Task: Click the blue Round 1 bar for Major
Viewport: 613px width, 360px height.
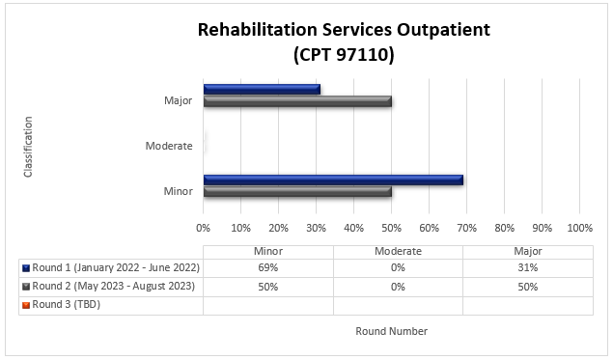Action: coord(262,90)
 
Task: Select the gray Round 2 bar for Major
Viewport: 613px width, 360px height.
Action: coord(297,100)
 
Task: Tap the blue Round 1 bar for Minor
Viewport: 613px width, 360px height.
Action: coord(333,180)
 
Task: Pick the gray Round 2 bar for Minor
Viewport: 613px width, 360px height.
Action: coord(297,191)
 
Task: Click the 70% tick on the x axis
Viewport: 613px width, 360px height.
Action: coord(466,229)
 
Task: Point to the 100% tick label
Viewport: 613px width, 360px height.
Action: coord(579,229)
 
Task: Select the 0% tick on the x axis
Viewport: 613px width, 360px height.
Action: coord(204,229)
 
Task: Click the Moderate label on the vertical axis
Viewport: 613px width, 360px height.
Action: coord(169,146)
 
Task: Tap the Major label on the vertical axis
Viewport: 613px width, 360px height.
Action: coord(178,100)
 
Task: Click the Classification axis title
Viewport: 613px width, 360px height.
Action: coord(28,147)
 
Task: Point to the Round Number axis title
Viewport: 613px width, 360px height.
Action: coord(391,331)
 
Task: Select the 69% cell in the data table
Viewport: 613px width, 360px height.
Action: coord(268,267)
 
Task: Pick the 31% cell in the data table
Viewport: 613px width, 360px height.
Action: coord(527,267)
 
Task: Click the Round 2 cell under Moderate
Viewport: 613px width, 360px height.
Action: coord(398,286)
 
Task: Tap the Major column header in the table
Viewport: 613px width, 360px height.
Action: coord(527,250)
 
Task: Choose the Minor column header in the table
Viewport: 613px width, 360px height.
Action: coord(268,250)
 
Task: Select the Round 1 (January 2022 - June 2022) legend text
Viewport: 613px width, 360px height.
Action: coord(116,267)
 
